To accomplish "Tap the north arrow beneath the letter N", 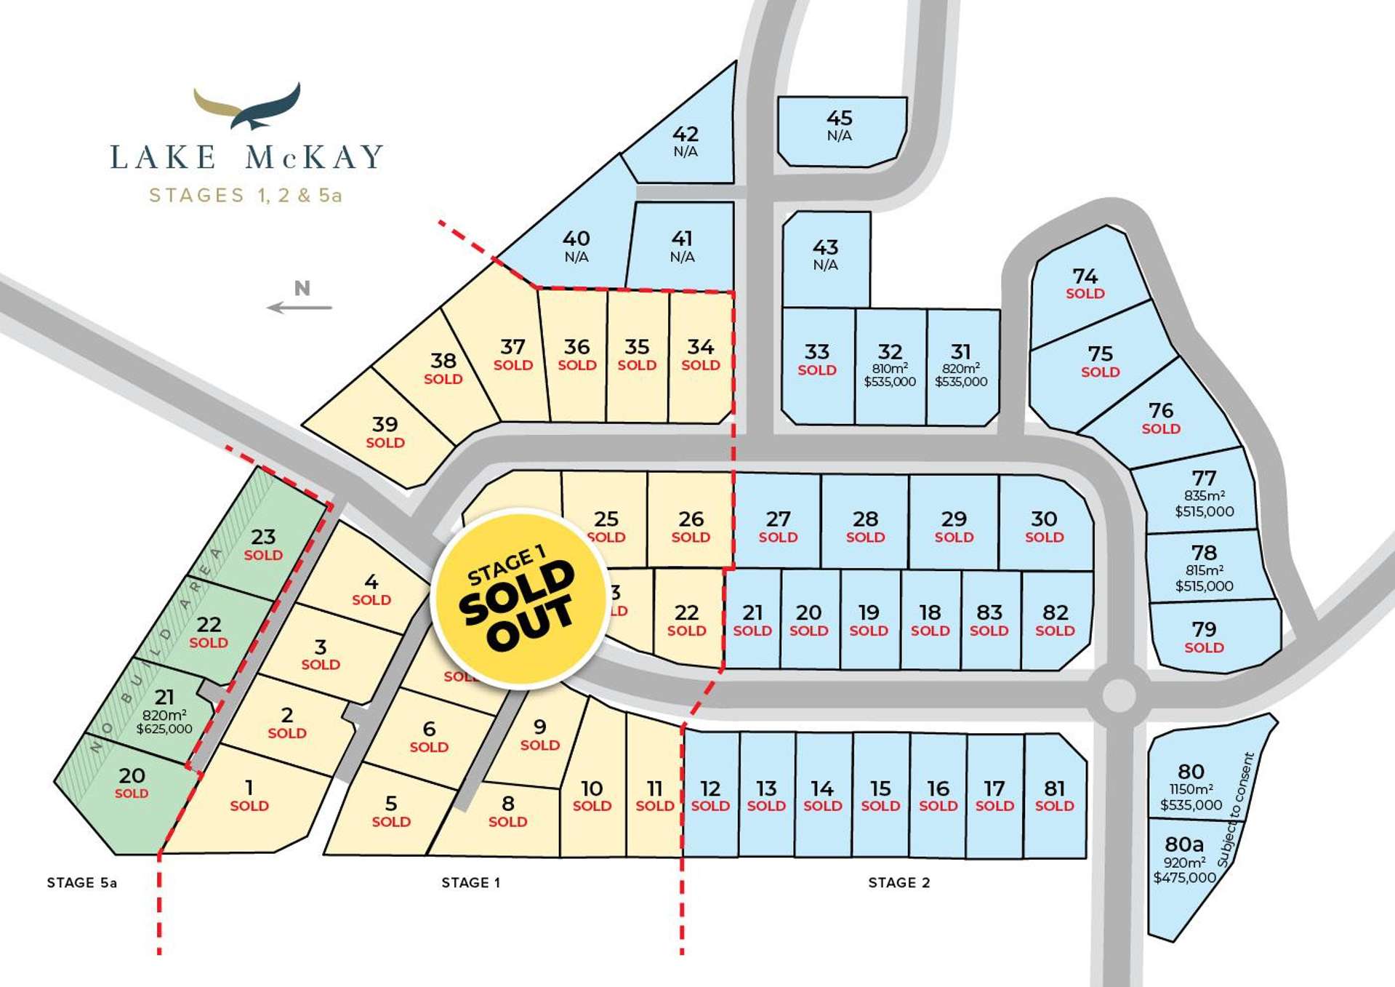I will point(299,308).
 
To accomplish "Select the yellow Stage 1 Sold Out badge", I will point(519,599).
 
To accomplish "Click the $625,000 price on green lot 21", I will point(164,729).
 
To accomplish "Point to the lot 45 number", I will point(840,118).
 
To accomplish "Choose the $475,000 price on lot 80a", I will point(1184,878).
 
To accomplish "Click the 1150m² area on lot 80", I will point(1191,789).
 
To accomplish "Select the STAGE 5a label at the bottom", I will point(82,882).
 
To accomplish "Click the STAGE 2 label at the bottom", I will point(899,882).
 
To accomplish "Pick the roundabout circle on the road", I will point(1119,695).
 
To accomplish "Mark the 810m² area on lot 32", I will point(890,369).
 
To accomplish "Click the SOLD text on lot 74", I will point(1085,294).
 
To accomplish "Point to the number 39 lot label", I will point(385,424).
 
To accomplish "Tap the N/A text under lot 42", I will point(686,151).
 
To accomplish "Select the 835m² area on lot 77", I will point(1204,496).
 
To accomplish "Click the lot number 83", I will point(989,612).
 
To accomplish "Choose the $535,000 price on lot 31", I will point(961,382).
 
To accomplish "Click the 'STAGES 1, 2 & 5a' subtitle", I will point(246,195).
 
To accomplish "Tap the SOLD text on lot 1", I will point(249,806).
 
